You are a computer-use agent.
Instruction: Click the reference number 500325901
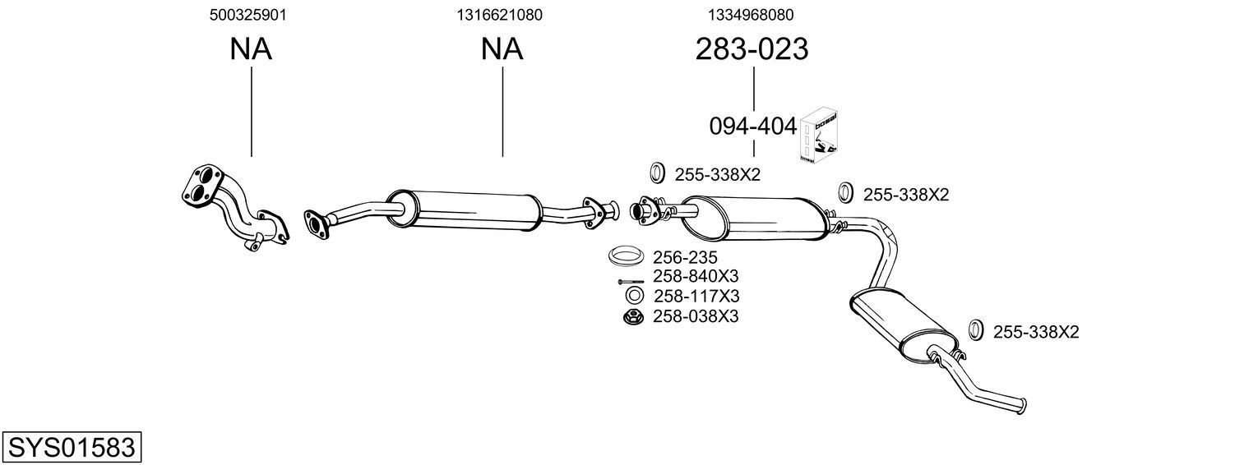tap(248, 15)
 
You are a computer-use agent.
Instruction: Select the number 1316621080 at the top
tap(499, 15)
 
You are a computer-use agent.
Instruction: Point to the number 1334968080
tap(751, 15)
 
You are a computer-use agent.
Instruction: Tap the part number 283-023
tap(752, 50)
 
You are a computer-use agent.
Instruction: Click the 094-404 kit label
tap(752, 127)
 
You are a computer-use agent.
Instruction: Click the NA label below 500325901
tap(250, 50)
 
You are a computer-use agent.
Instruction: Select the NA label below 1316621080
tap(502, 50)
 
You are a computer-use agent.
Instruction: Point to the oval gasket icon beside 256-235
tap(626, 256)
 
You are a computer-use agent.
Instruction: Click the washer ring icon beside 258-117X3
tap(633, 296)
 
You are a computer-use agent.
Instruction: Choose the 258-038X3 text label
tap(696, 316)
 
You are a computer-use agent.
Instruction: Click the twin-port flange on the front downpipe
tap(202, 186)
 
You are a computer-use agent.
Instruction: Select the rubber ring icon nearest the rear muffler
tap(975, 329)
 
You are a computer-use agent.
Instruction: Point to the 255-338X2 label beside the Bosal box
tap(905, 195)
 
